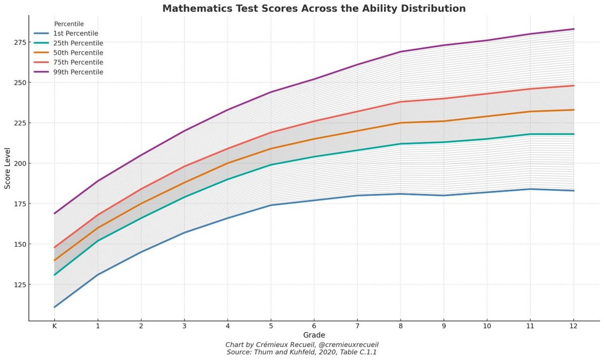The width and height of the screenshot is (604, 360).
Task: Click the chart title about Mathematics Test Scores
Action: pyautogui.click(x=314, y=8)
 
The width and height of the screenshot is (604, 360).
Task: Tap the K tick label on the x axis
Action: pyautogui.click(x=54, y=327)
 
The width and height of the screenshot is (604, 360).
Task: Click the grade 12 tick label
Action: pyautogui.click(x=574, y=327)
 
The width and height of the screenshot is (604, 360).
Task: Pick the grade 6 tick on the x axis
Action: pyautogui.click(x=314, y=327)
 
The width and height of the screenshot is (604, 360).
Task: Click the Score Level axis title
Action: pyautogui.click(x=7, y=168)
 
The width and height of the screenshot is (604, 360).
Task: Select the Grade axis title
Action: pyautogui.click(x=314, y=335)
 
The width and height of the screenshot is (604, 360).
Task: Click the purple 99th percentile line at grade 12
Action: pyautogui.click(x=574, y=29)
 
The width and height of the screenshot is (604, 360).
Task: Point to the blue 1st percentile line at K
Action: pyautogui.click(x=54, y=307)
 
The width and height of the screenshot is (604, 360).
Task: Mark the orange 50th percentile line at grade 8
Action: pyautogui.click(x=400, y=123)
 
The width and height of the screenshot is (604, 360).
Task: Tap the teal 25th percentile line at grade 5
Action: pyautogui.click(x=271, y=165)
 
